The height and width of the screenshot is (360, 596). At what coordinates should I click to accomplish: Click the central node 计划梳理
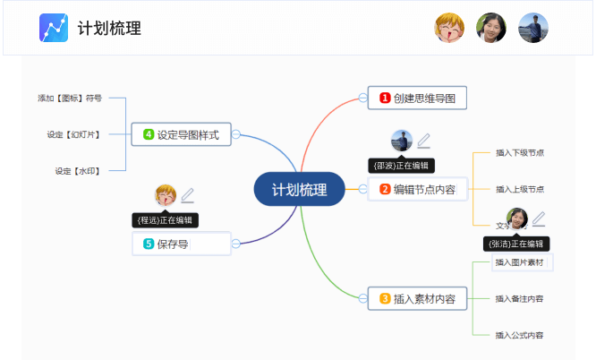click(x=299, y=190)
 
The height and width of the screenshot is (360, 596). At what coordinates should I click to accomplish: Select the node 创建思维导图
click(x=418, y=98)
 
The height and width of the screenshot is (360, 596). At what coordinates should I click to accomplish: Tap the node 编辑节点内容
click(x=418, y=189)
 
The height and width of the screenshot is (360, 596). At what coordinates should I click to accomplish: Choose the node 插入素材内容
click(x=418, y=299)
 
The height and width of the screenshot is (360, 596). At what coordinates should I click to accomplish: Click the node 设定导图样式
click(x=181, y=134)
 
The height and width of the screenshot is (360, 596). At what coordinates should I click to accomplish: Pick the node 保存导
click(x=181, y=243)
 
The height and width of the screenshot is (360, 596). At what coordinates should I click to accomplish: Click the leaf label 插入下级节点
click(x=520, y=153)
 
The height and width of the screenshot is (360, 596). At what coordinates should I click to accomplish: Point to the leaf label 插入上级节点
click(x=520, y=189)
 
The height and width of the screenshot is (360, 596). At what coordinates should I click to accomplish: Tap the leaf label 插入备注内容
click(x=520, y=298)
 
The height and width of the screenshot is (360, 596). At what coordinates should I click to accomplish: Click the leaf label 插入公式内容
click(x=520, y=335)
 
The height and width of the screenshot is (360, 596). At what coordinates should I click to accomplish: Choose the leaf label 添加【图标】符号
click(x=70, y=98)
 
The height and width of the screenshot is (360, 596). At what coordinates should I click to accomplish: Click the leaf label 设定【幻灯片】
click(x=73, y=134)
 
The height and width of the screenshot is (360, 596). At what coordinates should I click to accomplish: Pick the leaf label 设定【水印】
click(x=76, y=170)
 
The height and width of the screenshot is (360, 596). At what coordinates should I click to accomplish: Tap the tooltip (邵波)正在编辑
click(x=401, y=165)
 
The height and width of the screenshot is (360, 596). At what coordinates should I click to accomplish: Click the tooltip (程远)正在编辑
click(x=165, y=219)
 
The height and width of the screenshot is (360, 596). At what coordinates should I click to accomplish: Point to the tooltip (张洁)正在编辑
click(x=515, y=243)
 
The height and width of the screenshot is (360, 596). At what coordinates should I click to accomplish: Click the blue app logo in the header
click(x=54, y=28)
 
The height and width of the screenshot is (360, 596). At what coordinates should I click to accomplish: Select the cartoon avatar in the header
click(x=449, y=28)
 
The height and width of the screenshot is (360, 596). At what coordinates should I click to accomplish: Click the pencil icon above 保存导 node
click(x=187, y=195)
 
